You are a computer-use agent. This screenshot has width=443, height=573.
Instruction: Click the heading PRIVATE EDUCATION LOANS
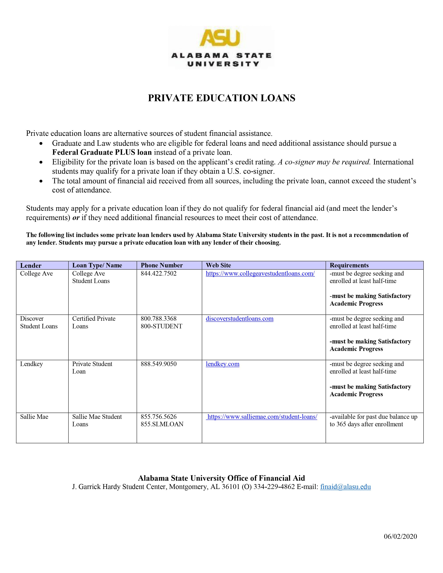click(221, 98)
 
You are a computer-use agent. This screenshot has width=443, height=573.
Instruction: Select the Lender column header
click(31, 265)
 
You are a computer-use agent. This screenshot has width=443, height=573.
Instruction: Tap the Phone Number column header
click(162, 265)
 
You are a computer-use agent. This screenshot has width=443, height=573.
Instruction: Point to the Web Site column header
click(218, 265)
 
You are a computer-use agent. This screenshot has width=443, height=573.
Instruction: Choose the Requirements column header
click(349, 265)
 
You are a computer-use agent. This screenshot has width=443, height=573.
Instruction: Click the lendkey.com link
click(223, 364)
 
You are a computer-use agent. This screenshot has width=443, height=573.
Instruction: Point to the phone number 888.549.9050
click(158, 364)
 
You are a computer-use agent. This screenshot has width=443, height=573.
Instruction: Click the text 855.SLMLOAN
click(162, 424)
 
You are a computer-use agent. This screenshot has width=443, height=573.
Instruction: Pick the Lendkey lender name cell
click(31, 364)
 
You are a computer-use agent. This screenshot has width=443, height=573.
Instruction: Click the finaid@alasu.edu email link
click(345, 487)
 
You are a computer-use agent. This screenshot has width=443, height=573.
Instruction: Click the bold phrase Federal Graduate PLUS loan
click(102, 152)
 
